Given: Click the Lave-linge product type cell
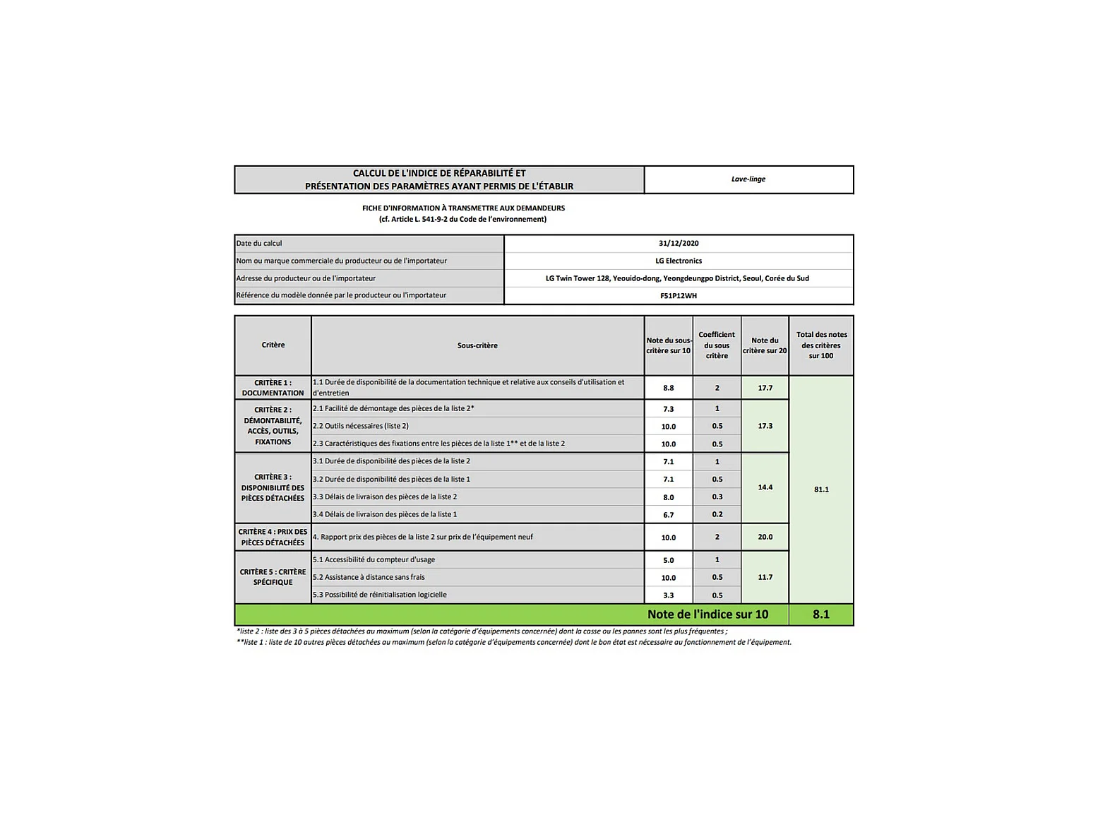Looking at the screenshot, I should [748, 179].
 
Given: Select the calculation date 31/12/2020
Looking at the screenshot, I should [679, 244].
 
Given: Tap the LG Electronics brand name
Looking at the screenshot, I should [679, 261].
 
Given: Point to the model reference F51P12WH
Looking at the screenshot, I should [679, 296].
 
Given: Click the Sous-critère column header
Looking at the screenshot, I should [477, 345].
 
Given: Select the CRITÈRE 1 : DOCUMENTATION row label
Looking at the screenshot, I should [273, 388].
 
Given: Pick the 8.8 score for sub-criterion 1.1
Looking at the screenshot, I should [668, 388].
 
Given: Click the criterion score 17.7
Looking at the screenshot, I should [765, 388].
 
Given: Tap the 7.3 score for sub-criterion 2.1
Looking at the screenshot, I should [668, 409].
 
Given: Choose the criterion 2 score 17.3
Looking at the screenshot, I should [765, 426].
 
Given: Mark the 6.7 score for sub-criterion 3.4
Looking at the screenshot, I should [668, 515].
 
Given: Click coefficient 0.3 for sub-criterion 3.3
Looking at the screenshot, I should [717, 497].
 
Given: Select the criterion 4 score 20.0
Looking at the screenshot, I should [765, 537].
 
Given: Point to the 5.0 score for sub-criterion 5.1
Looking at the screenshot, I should [668, 560].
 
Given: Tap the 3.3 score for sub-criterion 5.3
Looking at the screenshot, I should [668, 595].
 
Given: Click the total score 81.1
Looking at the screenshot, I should [821, 489].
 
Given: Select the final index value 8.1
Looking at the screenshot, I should [821, 614].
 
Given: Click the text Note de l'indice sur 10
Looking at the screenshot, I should [707, 614].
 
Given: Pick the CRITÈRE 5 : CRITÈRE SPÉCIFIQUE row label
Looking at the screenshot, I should [273, 577].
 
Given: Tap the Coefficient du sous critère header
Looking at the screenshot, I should [717, 345].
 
